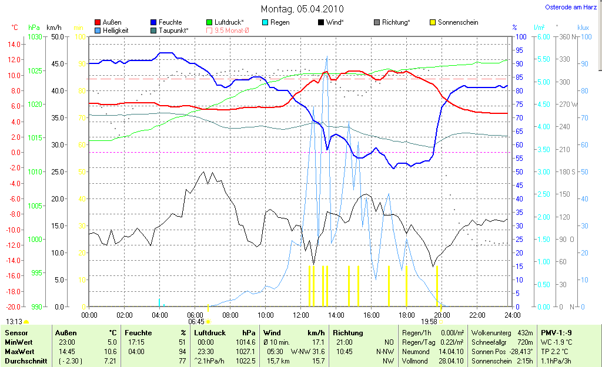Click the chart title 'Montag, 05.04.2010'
pyautogui.click(x=302, y=9)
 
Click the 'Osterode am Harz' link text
pyautogui.click(x=571, y=8)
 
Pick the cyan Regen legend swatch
pyautogui.click(x=265, y=22)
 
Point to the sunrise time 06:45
pyautogui.click(x=196, y=322)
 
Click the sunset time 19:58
pyautogui.click(x=430, y=322)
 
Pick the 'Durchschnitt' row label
pyautogui.click(x=25, y=361)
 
